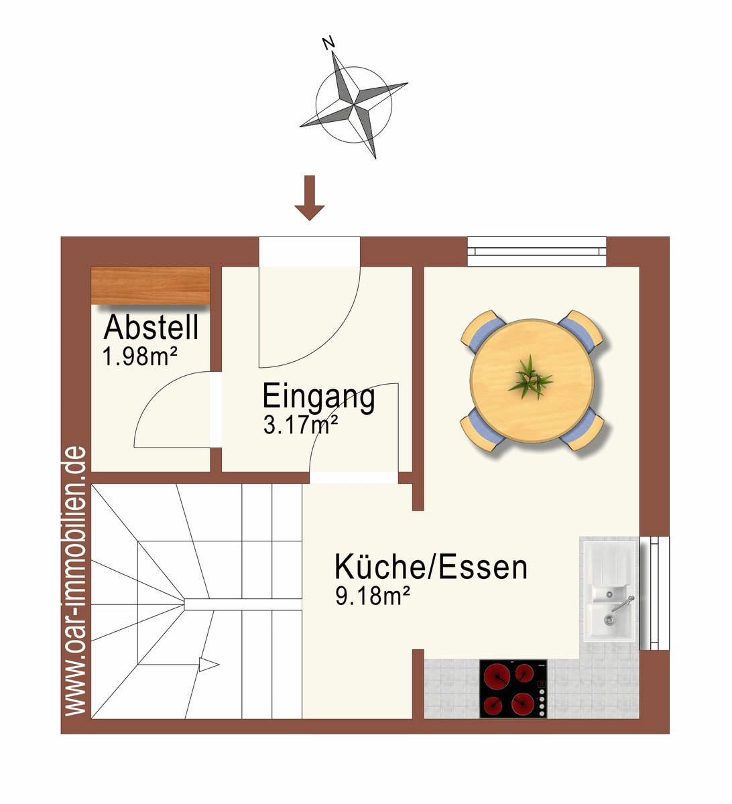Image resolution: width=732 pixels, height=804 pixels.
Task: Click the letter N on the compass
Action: click(x=329, y=43)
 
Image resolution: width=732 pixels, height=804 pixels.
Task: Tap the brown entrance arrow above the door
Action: click(x=309, y=198)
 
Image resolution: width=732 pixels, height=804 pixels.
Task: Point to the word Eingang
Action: click(x=318, y=397)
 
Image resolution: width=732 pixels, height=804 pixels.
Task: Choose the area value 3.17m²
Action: click(x=300, y=424)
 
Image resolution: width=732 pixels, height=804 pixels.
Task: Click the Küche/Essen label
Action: click(x=431, y=567)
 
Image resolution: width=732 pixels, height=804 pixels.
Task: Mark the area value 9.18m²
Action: click(x=372, y=596)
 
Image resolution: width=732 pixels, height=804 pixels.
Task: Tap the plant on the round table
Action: click(x=530, y=378)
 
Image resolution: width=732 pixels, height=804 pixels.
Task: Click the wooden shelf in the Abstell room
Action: click(x=151, y=285)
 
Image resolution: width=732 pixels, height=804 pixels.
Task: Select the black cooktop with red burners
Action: click(x=513, y=689)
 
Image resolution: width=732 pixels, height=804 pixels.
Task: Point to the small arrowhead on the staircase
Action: click(x=209, y=665)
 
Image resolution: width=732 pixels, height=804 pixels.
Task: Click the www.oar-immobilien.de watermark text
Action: click(x=75, y=563)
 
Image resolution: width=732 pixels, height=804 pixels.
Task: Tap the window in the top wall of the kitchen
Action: click(x=537, y=251)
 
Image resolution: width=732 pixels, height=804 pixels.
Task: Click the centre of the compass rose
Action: click(x=354, y=105)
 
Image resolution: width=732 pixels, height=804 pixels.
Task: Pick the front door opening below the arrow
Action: click(x=309, y=251)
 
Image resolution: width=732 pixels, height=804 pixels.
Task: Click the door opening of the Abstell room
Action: click(x=216, y=410)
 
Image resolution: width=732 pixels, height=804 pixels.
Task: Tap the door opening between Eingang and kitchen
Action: click(x=353, y=477)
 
